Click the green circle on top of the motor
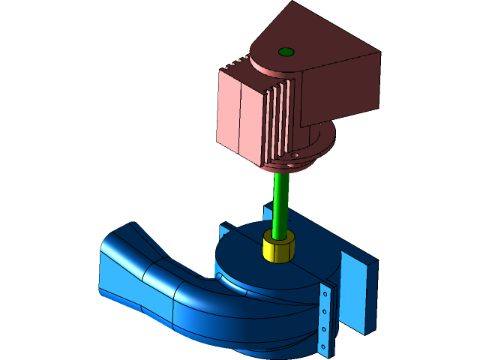click(x=286, y=52)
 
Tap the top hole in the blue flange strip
click(x=325, y=295)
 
